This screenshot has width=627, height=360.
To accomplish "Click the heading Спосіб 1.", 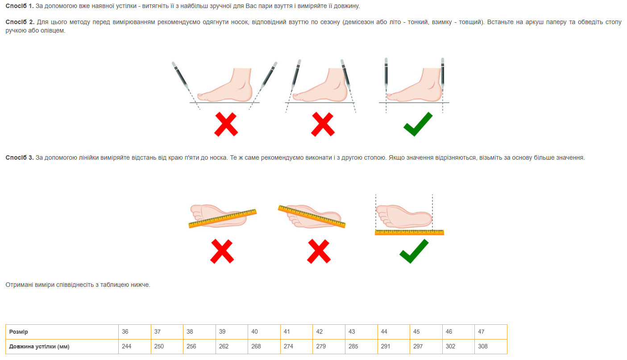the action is pyautogui.click(x=20, y=6).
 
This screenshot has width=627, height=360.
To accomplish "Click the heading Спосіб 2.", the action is pyautogui.click(x=20, y=22).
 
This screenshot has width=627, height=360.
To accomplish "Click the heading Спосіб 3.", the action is pyautogui.click(x=20, y=157).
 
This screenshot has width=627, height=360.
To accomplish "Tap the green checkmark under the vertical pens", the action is pyautogui.click(x=418, y=124).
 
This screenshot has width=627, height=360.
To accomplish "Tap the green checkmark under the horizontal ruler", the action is pyautogui.click(x=414, y=251).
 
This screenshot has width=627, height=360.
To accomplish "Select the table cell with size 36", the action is pyautogui.click(x=135, y=332).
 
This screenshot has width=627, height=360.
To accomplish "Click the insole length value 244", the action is pyautogui.click(x=135, y=347).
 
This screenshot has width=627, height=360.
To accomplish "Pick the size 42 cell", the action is pyautogui.click(x=329, y=332).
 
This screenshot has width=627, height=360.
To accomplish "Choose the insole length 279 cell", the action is pyautogui.click(x=329, y=347).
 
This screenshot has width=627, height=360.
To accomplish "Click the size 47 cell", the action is pyautogui.click(x=491, y=332).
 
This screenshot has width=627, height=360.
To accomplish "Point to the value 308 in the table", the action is pyautogui.click(x=483, y=346).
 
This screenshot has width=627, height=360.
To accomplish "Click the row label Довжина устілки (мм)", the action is pyautogui.click(x=39, y=347).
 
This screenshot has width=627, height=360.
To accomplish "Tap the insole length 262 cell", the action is pyautogui.click(x=232, y=347).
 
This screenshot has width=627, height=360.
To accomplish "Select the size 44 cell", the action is pyautogui.click(x=394, y=332).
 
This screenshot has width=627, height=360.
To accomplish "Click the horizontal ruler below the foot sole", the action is pyautogui.click(x=410, y=232).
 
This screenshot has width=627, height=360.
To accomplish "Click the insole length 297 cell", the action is pyautogui.click(x=426, y=347).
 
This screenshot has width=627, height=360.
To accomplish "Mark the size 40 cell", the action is pyautogui.click(x=264, y=332).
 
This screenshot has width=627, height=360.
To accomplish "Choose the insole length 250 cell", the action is pyautogui.click(x=167, y=347).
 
